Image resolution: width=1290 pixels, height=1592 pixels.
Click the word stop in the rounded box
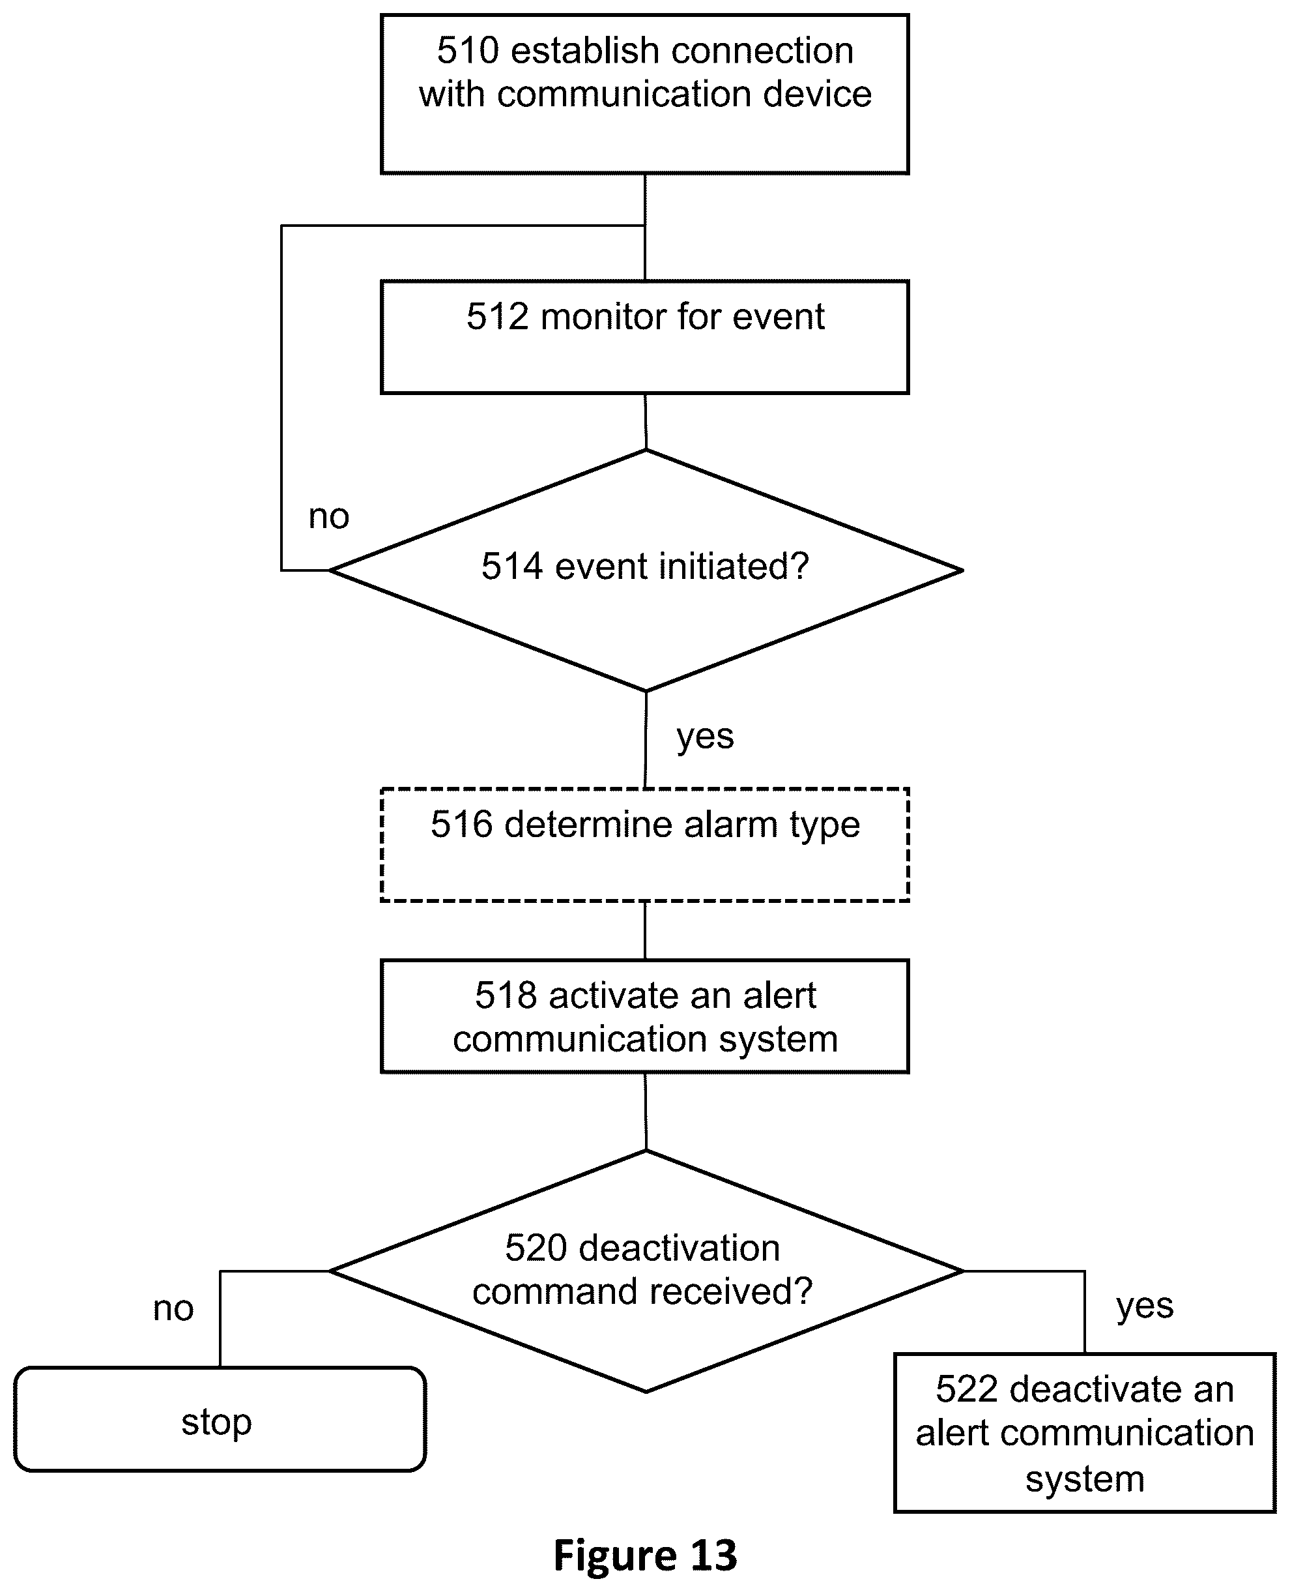217,1422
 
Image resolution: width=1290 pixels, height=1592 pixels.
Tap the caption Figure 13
645,1555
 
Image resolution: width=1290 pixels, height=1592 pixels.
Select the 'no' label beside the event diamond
328,517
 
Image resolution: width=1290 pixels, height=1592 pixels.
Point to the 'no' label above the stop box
173,1308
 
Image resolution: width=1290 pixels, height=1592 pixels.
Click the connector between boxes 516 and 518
645,930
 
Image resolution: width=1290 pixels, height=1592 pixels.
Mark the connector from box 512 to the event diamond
646,422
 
